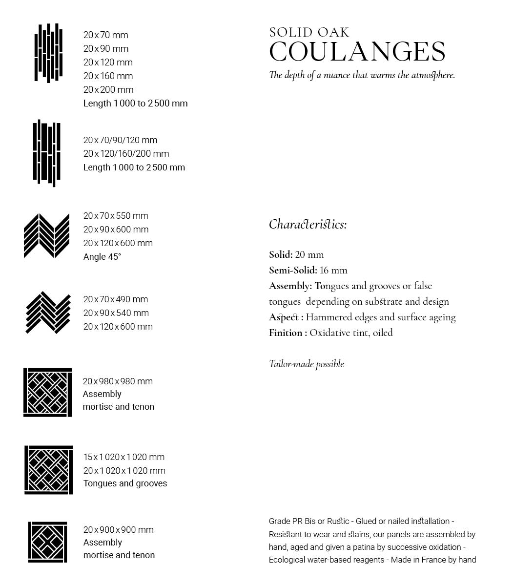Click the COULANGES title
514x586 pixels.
pos(357,52)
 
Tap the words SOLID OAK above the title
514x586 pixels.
pos(309,33)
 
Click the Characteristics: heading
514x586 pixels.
pos(308,224)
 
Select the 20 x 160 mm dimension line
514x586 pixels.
pos(108,76)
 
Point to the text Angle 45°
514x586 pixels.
pos(102,257)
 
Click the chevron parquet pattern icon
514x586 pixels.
pos(47,236)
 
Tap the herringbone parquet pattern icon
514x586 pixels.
pos(47,313)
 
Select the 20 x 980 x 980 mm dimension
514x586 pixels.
pos(118,381)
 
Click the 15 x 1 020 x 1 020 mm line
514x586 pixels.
pos(124,457)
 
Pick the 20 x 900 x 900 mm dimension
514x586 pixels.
pos(118,530)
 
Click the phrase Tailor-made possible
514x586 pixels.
pos(306,364)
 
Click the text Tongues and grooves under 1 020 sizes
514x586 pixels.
pos(125,483)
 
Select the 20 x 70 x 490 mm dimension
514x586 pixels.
pos(116,299)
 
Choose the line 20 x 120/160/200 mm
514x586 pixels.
pos(126,154)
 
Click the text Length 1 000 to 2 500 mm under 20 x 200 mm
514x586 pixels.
pos(135,104)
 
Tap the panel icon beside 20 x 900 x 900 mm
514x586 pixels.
pos(47,542)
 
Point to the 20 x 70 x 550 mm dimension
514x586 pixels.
pos(116,216)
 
